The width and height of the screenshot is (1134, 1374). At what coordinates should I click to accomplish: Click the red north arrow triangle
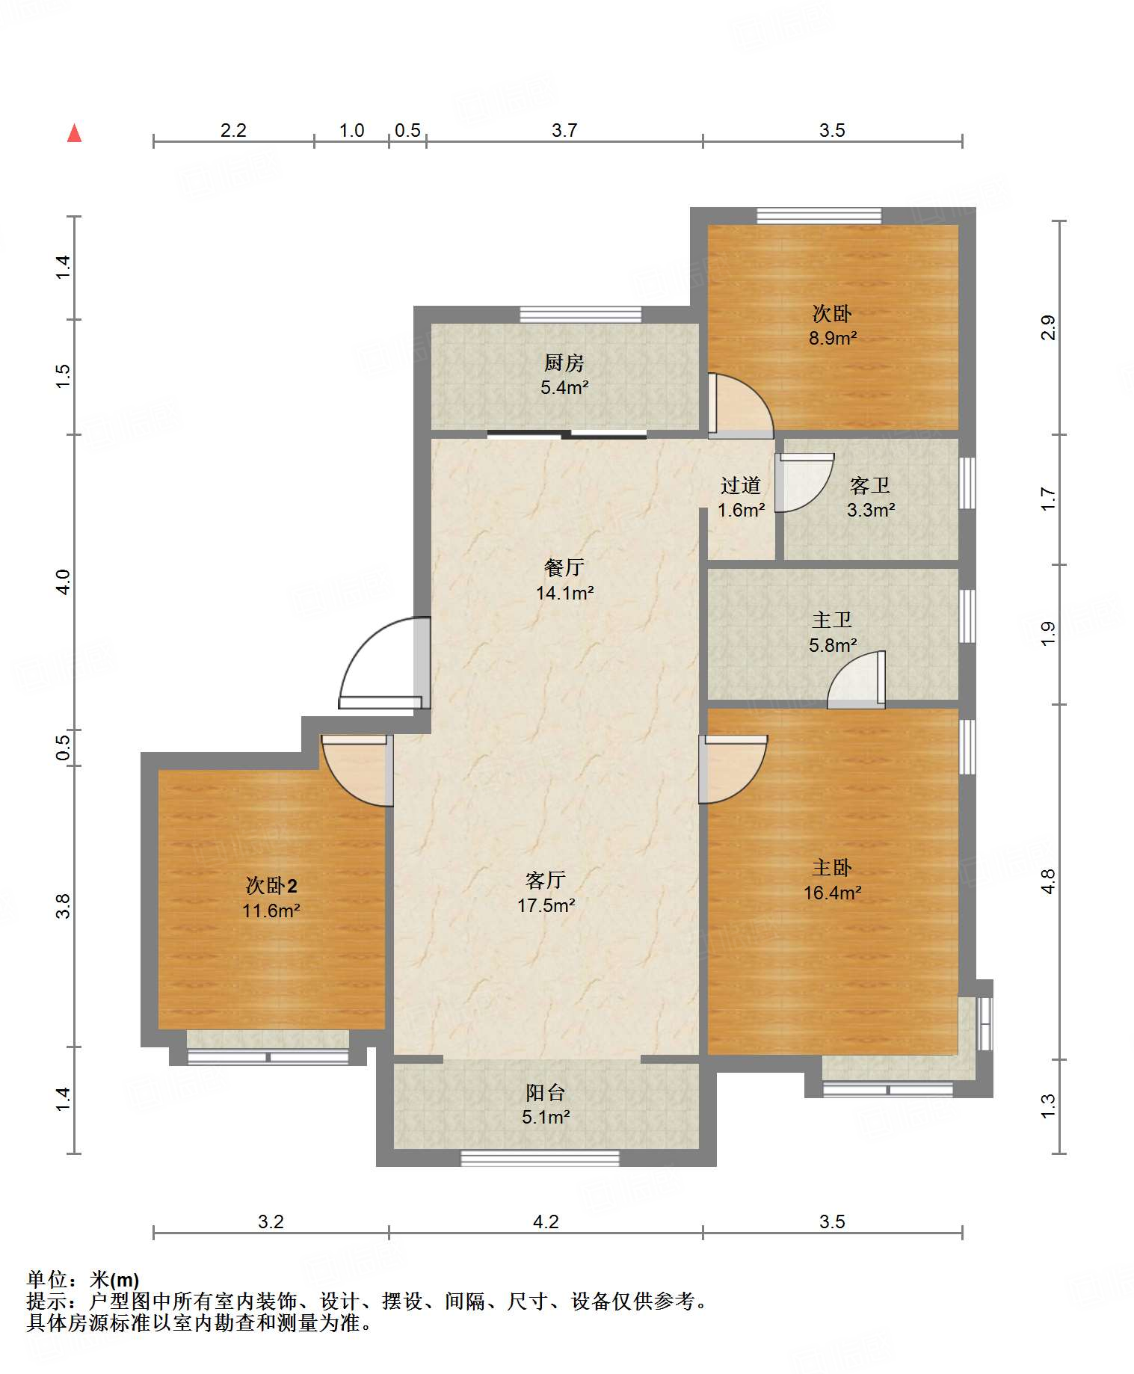tap(74, 133)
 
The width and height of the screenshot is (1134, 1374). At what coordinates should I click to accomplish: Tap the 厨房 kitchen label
tap(564, 363)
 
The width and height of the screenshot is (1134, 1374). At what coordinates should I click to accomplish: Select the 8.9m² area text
tap(832, 338)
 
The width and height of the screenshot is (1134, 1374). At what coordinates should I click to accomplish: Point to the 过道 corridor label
tap(740, 486)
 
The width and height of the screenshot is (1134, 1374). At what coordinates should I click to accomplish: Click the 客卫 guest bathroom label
tap(870, 486)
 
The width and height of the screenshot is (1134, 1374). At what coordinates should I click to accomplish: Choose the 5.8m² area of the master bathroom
tap(832, 645)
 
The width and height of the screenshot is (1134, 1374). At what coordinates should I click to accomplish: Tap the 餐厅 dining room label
tap(564, 568)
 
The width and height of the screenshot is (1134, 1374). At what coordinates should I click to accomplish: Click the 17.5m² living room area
tap(546, 905)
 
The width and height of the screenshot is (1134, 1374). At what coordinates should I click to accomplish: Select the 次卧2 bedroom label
tap(271, 886)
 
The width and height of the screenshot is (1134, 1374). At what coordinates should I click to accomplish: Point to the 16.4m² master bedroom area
tap(832, 893)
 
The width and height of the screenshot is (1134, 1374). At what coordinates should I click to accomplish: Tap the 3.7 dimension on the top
tap(564, 130)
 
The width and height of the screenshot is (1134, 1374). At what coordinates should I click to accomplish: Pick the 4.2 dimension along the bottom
tap(546, 1221)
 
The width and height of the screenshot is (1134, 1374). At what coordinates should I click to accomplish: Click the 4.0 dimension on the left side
tap(64, 582)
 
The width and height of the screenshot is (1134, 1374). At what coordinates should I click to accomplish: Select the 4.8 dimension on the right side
tap(1048, 881)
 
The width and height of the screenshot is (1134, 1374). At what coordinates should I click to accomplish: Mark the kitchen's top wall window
tap(581, 315)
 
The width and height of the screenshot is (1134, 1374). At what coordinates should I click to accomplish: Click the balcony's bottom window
tap(540, 1158)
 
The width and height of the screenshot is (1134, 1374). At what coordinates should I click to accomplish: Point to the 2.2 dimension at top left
tap(233, 130)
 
